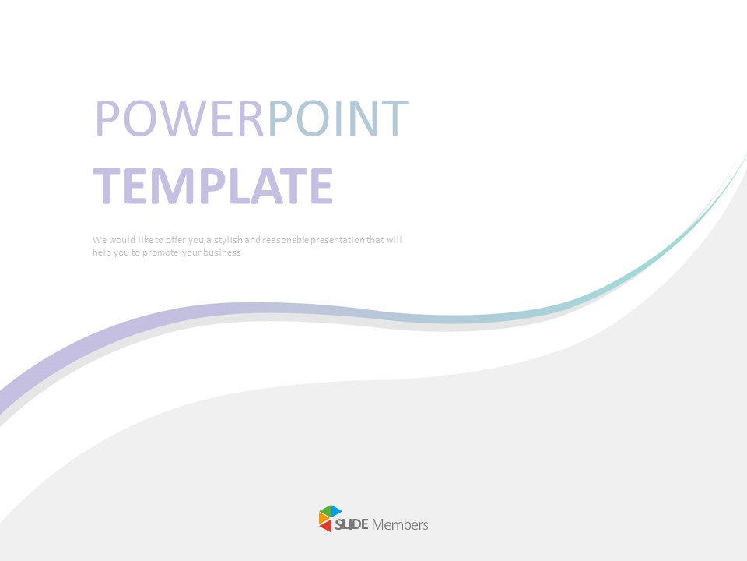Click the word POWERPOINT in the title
point(251,118)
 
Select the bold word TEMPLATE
point(213,187)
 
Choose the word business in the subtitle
point(223,252)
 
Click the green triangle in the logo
point(325,511)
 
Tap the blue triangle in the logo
point(336,511)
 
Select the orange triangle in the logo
point(323,519)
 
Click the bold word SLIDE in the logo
point(352,525)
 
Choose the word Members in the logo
point(400,525)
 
